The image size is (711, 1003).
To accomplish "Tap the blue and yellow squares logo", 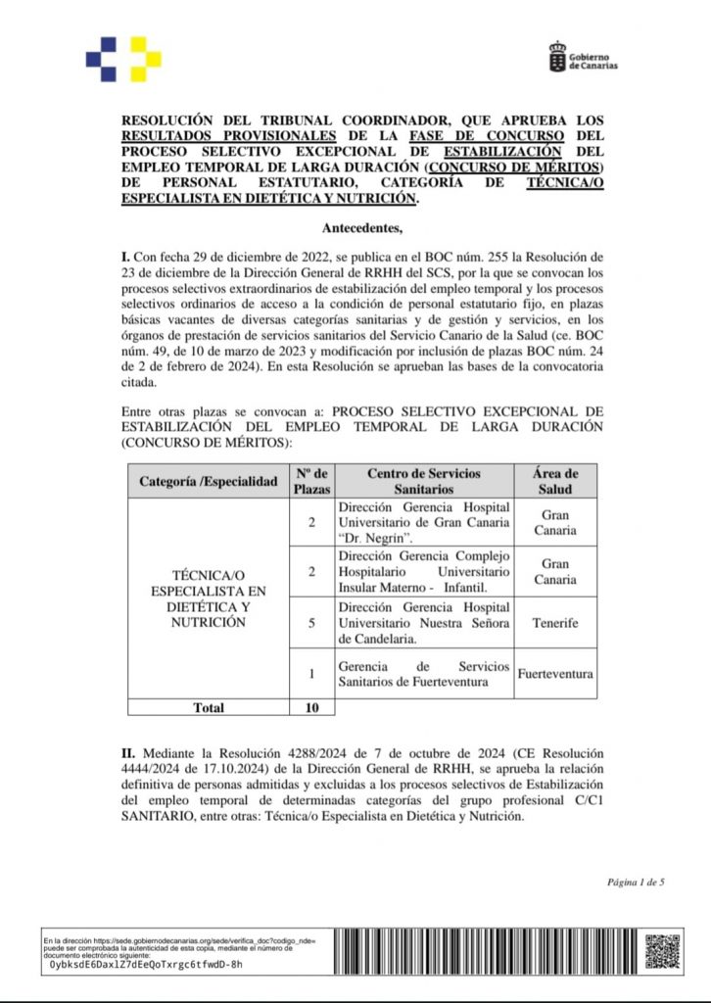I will [x=122, y=59].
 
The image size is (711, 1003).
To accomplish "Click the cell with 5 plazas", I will [x=312, y=622].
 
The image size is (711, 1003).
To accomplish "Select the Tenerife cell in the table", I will [x=554, y=622].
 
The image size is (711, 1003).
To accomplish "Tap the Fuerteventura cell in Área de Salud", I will [x=554, y=674].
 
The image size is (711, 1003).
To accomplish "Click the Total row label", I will [x=208, y=707].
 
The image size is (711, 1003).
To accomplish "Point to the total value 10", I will [x=312, y=707].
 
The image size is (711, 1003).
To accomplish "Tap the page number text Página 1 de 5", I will [x=636, y=883].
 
